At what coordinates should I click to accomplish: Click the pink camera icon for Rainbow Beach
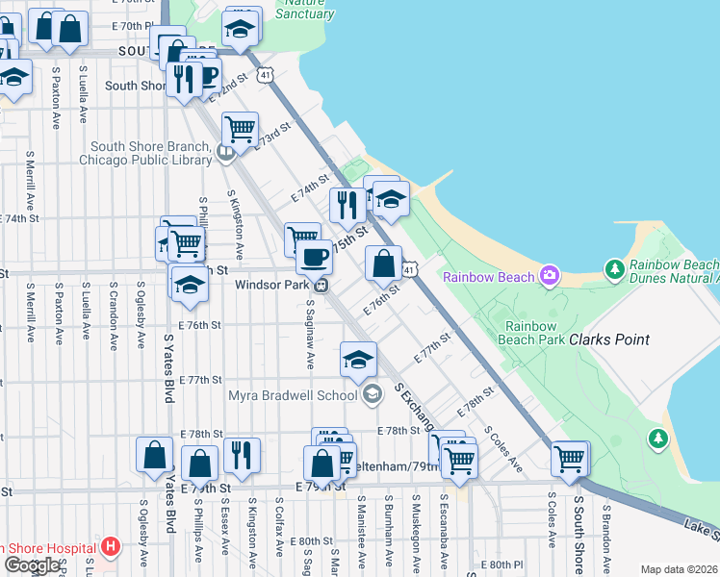tap(549, 276)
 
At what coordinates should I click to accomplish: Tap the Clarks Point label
tap(608, 339)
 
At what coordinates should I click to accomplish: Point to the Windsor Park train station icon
tap(325, 284)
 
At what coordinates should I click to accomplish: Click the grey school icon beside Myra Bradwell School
tap(373, 393)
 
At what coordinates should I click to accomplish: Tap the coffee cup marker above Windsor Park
tap(313, 257)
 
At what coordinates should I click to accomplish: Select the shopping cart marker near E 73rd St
tap(240, 127)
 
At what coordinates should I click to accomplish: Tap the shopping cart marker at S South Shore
tap(570, 459)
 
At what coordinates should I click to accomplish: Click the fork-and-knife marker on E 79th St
tap(242, 454)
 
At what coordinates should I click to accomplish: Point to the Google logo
tap(32, 565)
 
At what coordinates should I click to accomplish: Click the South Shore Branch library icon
tap(225, 152)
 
